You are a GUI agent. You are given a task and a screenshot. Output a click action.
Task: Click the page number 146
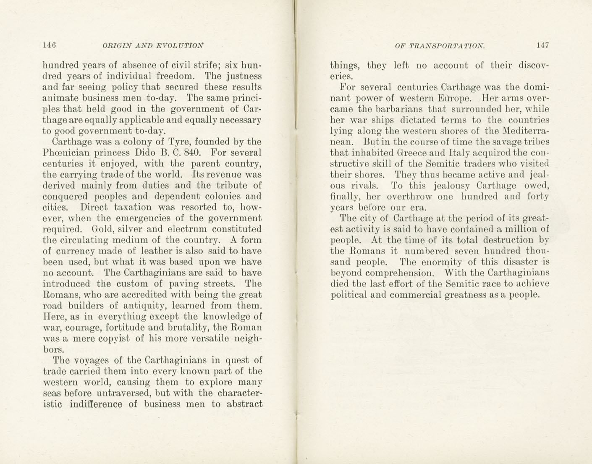point(50,45)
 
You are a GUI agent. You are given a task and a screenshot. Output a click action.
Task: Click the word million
point(515,229)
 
